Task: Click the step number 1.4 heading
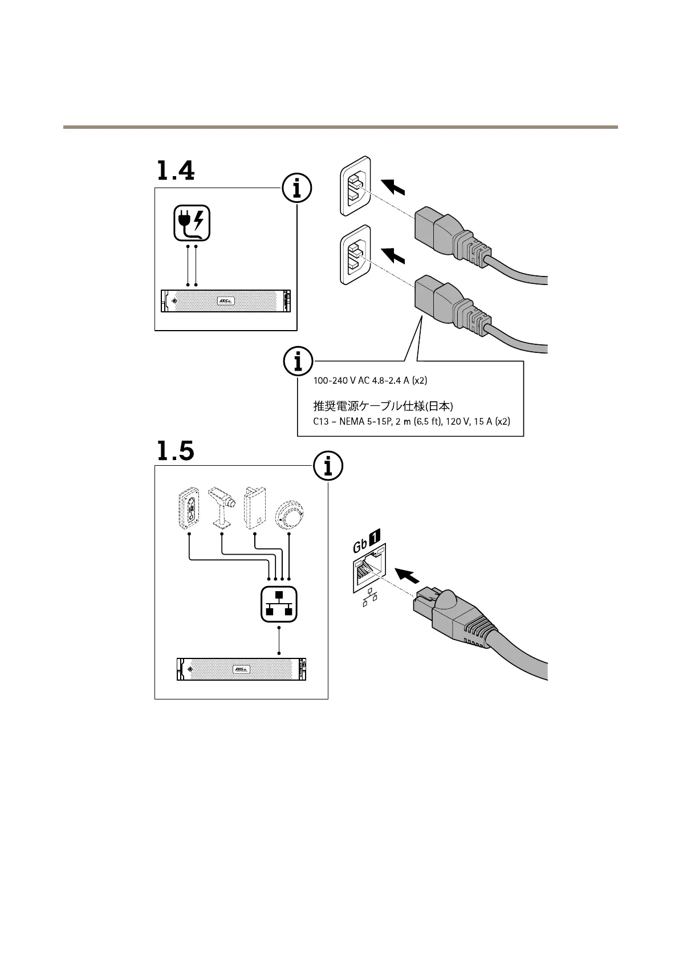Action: tap(175, 170)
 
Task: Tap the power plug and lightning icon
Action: tap(192, 223)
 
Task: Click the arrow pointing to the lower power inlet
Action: tap(393, 255)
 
